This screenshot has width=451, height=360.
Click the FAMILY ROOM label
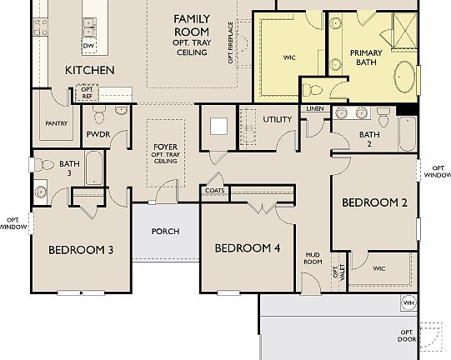191,24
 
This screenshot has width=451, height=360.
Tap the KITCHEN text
89,71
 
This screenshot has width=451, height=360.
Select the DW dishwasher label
88,46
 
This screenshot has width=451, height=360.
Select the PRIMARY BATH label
365,57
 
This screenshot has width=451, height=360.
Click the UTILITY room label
277,119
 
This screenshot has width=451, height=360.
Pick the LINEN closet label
315,109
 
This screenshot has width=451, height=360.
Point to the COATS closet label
214,191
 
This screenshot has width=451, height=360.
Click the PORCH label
165,231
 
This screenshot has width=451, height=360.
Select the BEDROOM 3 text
80,249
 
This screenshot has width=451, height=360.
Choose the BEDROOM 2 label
374,202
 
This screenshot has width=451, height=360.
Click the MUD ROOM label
313,257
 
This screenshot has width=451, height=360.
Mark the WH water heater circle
408,302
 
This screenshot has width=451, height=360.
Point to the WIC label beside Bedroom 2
379,269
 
